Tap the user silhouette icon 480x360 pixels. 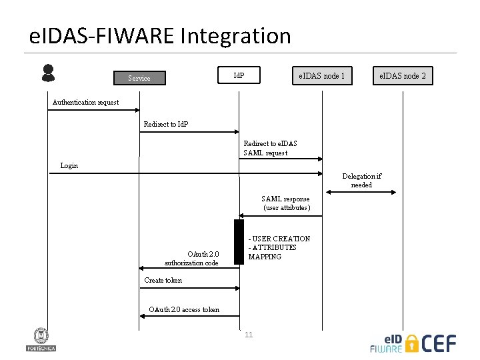(48, 73)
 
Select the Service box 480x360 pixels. (139, 78)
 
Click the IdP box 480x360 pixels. (239, 75)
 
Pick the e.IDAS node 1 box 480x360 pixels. (322, 76)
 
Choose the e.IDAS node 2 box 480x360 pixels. (403, 76)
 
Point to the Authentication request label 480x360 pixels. (85, 102)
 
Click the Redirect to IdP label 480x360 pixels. (166, 125)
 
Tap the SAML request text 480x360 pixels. (265, 153)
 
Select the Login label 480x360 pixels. (69, 165)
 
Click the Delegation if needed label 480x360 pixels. (361, 181)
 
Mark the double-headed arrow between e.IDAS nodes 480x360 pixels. (359, 192)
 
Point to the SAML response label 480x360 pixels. (286, 203)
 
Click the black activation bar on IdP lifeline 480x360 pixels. (239, 241)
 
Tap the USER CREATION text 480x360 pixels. (279, 239)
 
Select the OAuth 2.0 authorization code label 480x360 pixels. (193, 259)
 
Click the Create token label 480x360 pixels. (163, 280)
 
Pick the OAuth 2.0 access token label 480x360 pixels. (184, 309)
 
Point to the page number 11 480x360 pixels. (249, 335)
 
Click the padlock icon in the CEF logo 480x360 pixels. (413, 343)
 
